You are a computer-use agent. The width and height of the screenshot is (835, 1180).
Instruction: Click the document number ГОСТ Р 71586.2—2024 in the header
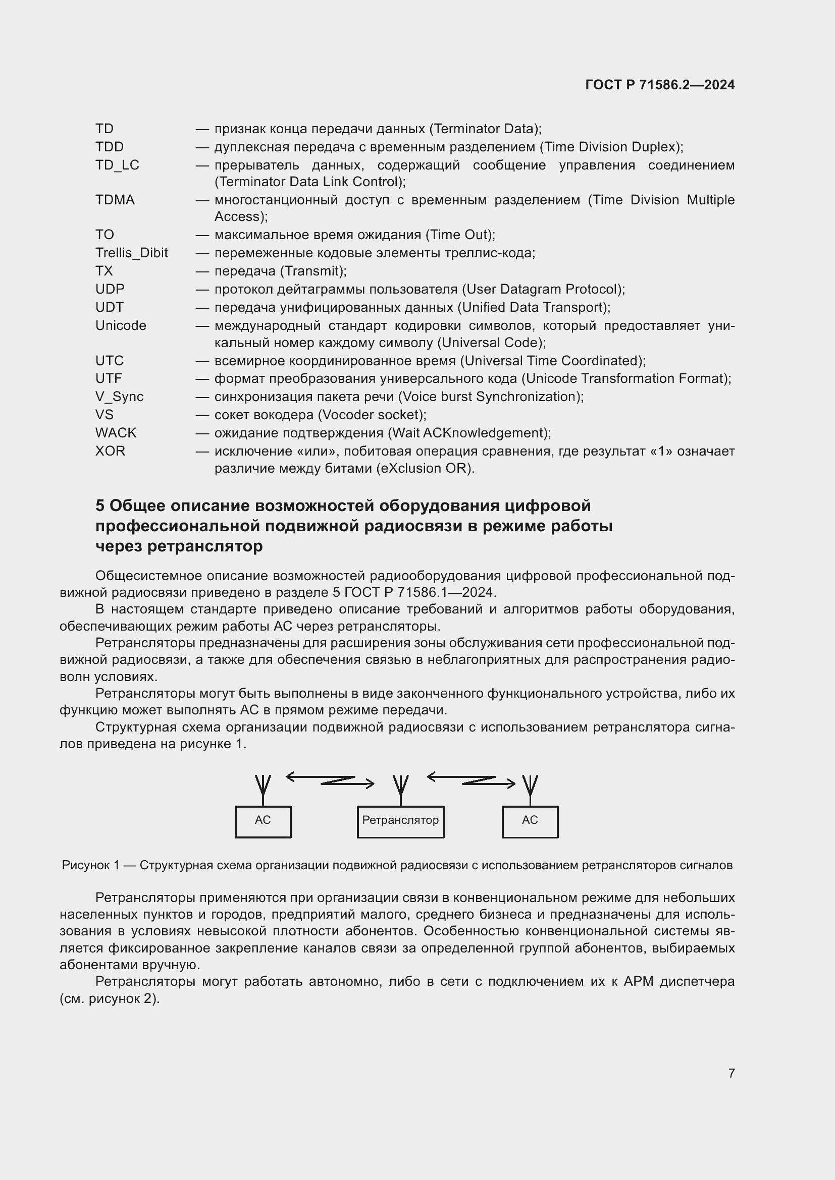pyautogui.click(x=660, y=85)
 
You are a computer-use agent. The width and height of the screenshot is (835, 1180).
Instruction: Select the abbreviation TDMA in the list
pyautogui.click(x=115, y=200)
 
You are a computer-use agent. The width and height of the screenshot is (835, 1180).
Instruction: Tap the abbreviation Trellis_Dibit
pyautogui.click(x=132, y=253)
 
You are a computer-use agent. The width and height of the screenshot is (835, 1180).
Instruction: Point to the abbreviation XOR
pyautogui.click(x=110, y=451)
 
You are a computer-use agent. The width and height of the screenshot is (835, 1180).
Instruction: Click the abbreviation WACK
pyautogui.click(x=116, y=433)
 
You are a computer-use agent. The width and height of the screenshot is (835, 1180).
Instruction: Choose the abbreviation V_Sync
pyautogui.click(x=119, y=397)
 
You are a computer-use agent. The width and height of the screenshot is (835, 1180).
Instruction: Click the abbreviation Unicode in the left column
pyautogui.click(x=121, y=325)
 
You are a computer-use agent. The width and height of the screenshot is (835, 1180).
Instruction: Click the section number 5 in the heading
pyautogui.click(x=100, y=505)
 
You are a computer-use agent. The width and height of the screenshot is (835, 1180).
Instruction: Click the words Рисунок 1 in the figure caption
pyautogui.click(x=90, y=866)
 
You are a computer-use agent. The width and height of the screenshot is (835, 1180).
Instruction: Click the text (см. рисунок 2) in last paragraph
pyautogui.click(x=110, y=998)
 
